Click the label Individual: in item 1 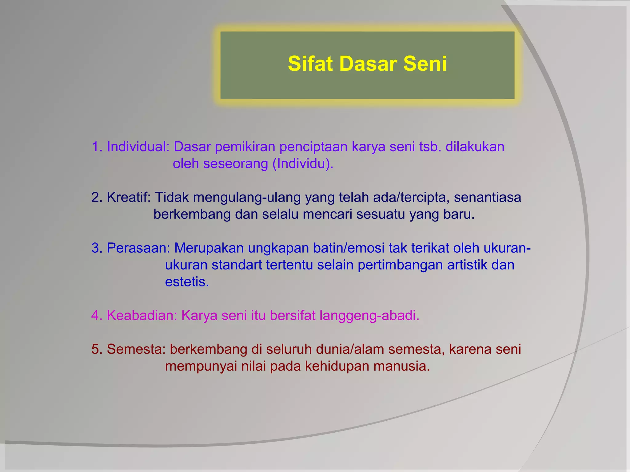tap(138, 147)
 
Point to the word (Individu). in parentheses tap(303, 164)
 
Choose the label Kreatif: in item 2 tap(129, 197)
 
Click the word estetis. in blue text tap(187, 282)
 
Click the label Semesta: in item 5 tap(136, 349)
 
